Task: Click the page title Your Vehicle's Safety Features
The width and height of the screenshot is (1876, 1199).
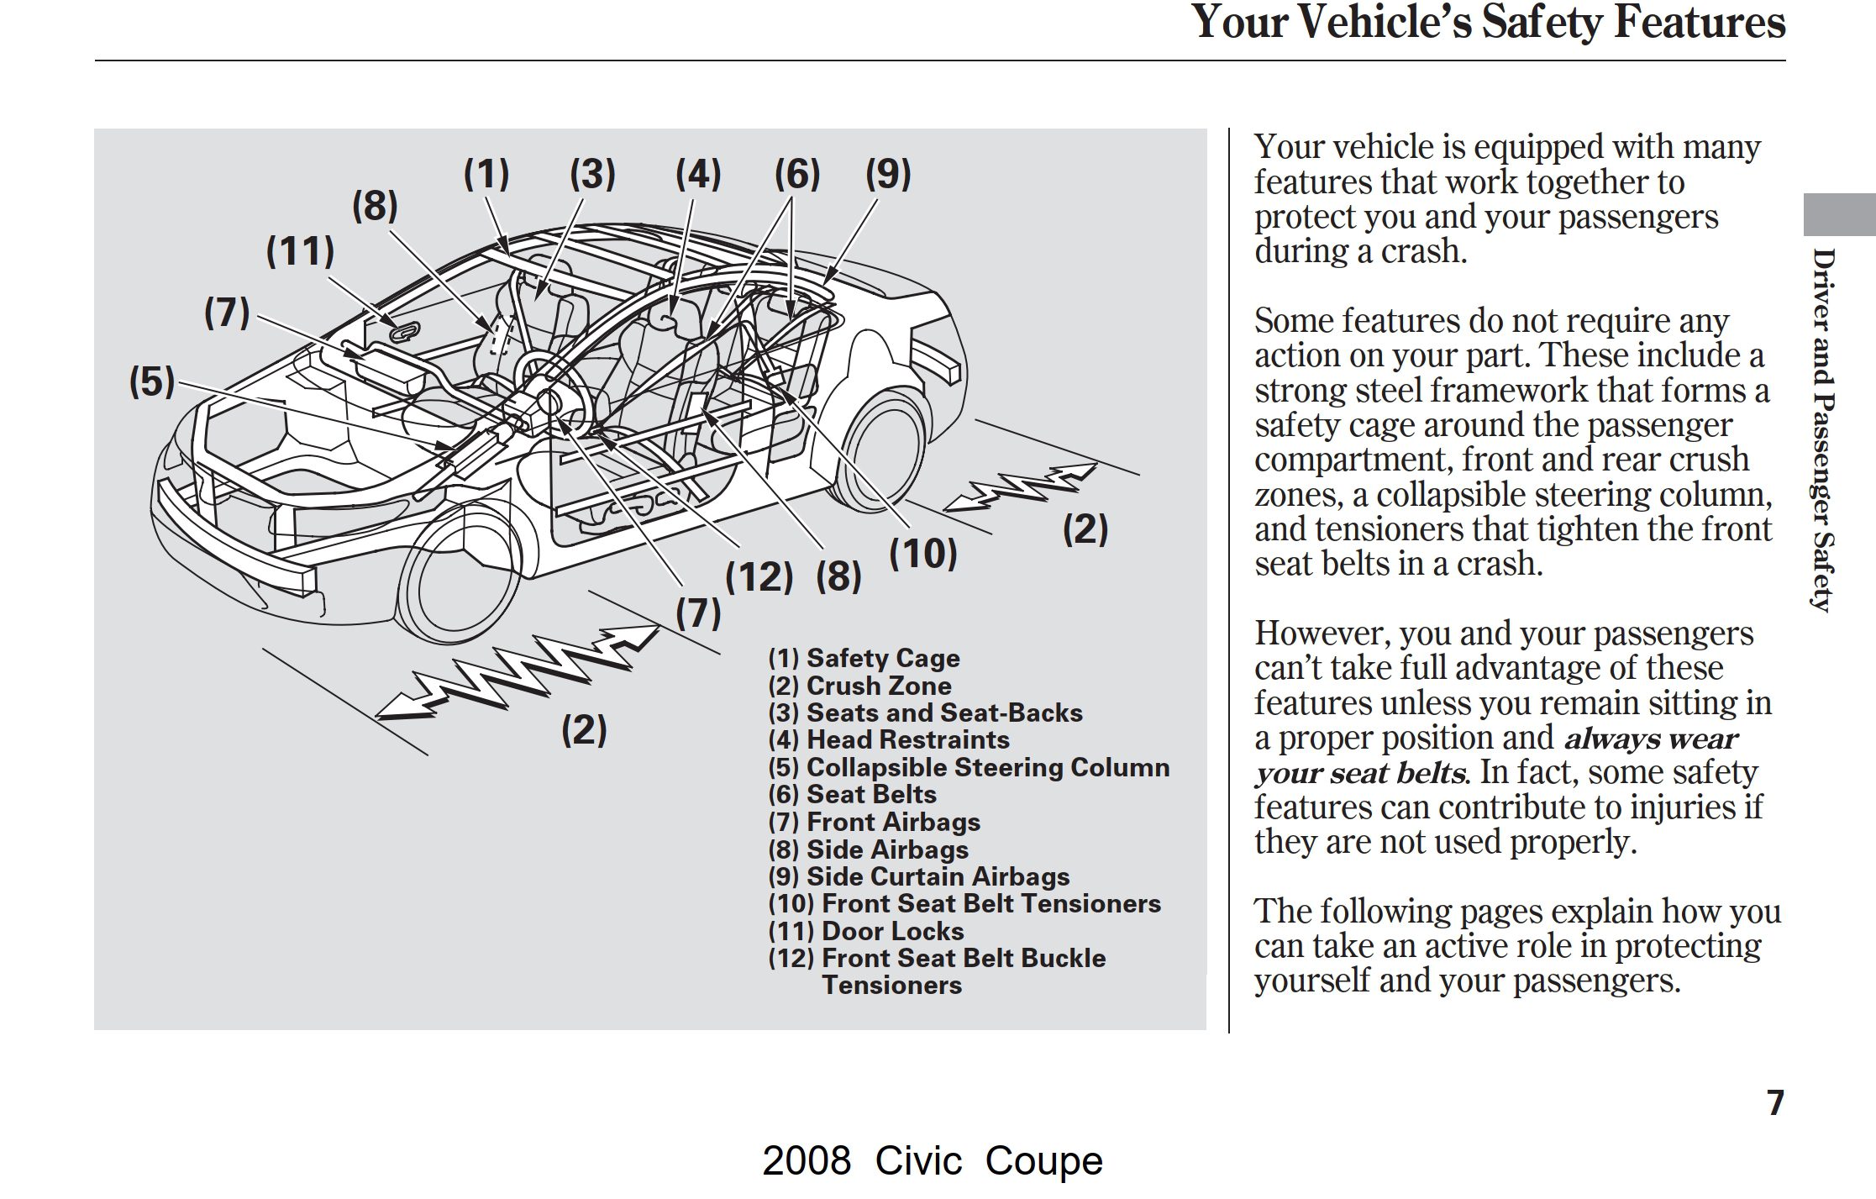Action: click(1488, 23)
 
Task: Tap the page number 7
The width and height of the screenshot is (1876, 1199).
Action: click(1774, 1102)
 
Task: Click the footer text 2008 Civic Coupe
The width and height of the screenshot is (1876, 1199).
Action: click(932, 1161)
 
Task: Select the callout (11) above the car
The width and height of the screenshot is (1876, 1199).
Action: click(300, 251)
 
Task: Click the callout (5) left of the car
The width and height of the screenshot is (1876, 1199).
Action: click(152, 381)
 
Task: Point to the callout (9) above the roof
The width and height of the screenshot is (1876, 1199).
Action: click(888, 174)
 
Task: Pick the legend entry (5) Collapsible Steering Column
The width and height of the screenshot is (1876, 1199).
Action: click(968, 767)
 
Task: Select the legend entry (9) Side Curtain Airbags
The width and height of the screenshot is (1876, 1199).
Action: click(918, 876)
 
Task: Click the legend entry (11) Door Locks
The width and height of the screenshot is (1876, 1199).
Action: click(865, 931)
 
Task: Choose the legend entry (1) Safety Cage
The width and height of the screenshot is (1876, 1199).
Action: click(864, 658)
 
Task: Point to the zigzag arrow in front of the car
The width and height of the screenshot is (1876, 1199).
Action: click(517, 671)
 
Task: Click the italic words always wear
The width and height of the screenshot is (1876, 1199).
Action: click(1650, 739)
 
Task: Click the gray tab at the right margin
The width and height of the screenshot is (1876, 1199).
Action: click(1838, 215)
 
